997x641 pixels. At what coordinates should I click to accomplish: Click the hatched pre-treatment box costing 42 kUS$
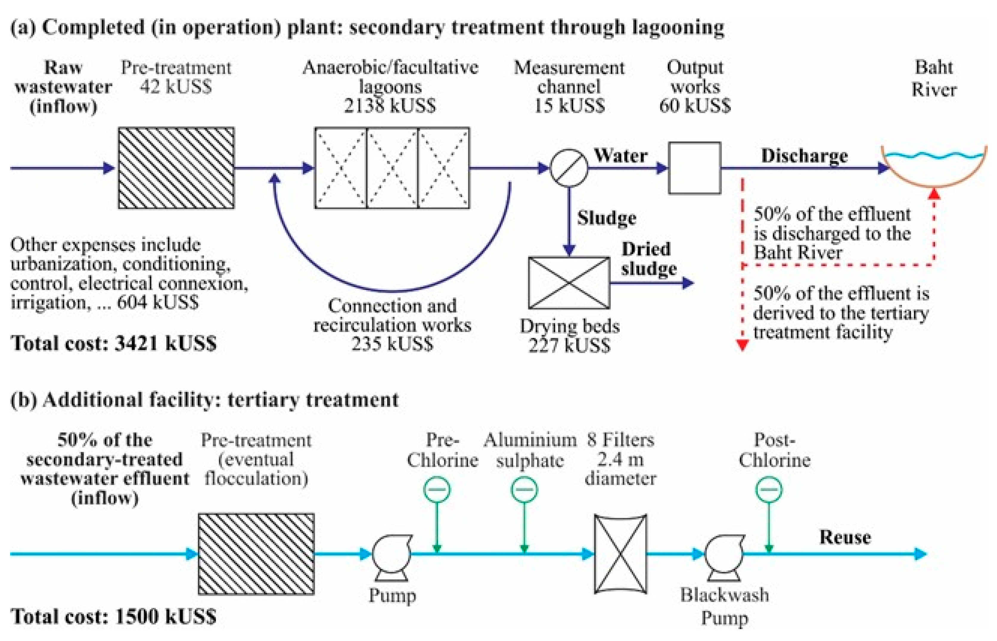pyautogui.click(x=176, y=168)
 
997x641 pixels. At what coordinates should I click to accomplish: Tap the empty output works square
pyautogui.click(x=695, y=168)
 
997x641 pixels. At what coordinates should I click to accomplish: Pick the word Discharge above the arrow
pyautogui.click(x=805, y=156)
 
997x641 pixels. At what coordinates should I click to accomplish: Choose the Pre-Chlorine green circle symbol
pyautogui.click(x=437, y=489)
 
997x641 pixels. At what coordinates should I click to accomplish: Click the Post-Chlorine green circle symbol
pyautogui.click(x=769, y=489)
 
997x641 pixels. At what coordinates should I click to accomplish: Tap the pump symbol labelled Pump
pyautogui.click(x=392, y=557)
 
